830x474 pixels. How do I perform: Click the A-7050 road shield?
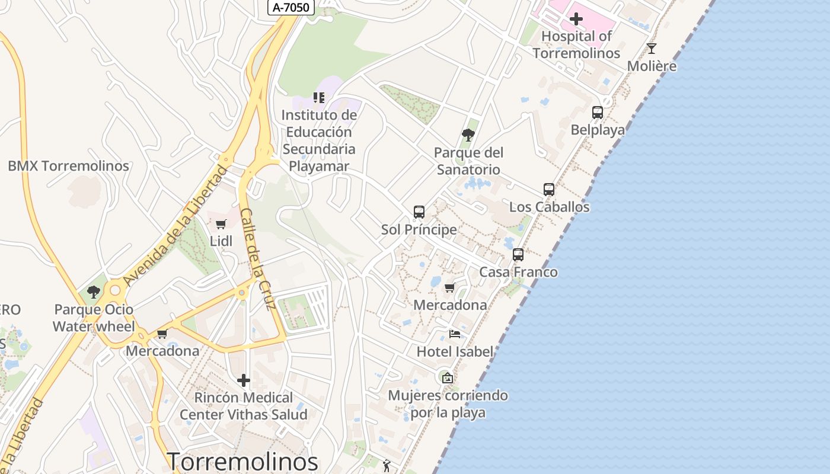coord(290,7)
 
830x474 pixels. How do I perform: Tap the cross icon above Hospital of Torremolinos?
coord(576,19)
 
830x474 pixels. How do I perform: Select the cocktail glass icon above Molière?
coord(652,49)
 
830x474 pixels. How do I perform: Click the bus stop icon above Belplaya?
coord(598,112)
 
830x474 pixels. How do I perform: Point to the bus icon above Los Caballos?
coord(549,190)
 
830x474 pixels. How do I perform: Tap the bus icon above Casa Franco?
coord(518,255)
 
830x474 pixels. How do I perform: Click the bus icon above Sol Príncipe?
coord(419,212)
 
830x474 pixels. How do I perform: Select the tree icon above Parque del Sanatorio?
coord(468,135)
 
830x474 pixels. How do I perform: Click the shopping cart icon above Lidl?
coord(221,224)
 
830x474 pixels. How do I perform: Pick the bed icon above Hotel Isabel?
coord(455,334)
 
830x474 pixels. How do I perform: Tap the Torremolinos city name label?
coord(242,461)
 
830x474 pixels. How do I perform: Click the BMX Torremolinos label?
coord(68,166)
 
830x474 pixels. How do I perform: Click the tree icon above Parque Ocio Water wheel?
coord(93,292)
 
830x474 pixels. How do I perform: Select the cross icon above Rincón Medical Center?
coord(243,380)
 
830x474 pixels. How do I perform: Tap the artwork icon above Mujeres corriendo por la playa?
coord(448,377)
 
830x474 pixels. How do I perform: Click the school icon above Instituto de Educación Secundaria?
coord(319,97)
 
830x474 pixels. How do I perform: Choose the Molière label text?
coord(652,66)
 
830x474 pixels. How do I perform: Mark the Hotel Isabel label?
coord(455,351)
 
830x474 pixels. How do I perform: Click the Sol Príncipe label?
coord(419,229)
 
